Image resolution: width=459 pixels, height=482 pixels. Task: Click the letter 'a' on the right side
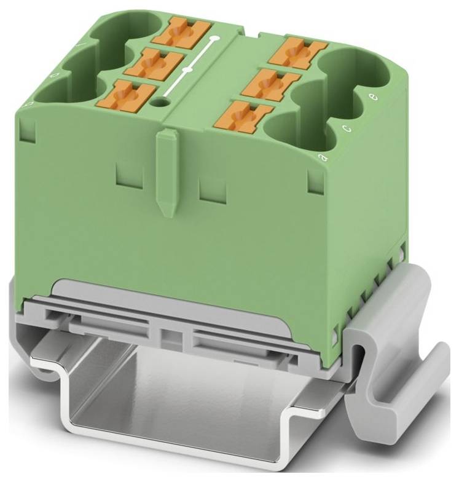click(x=321, y=158)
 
